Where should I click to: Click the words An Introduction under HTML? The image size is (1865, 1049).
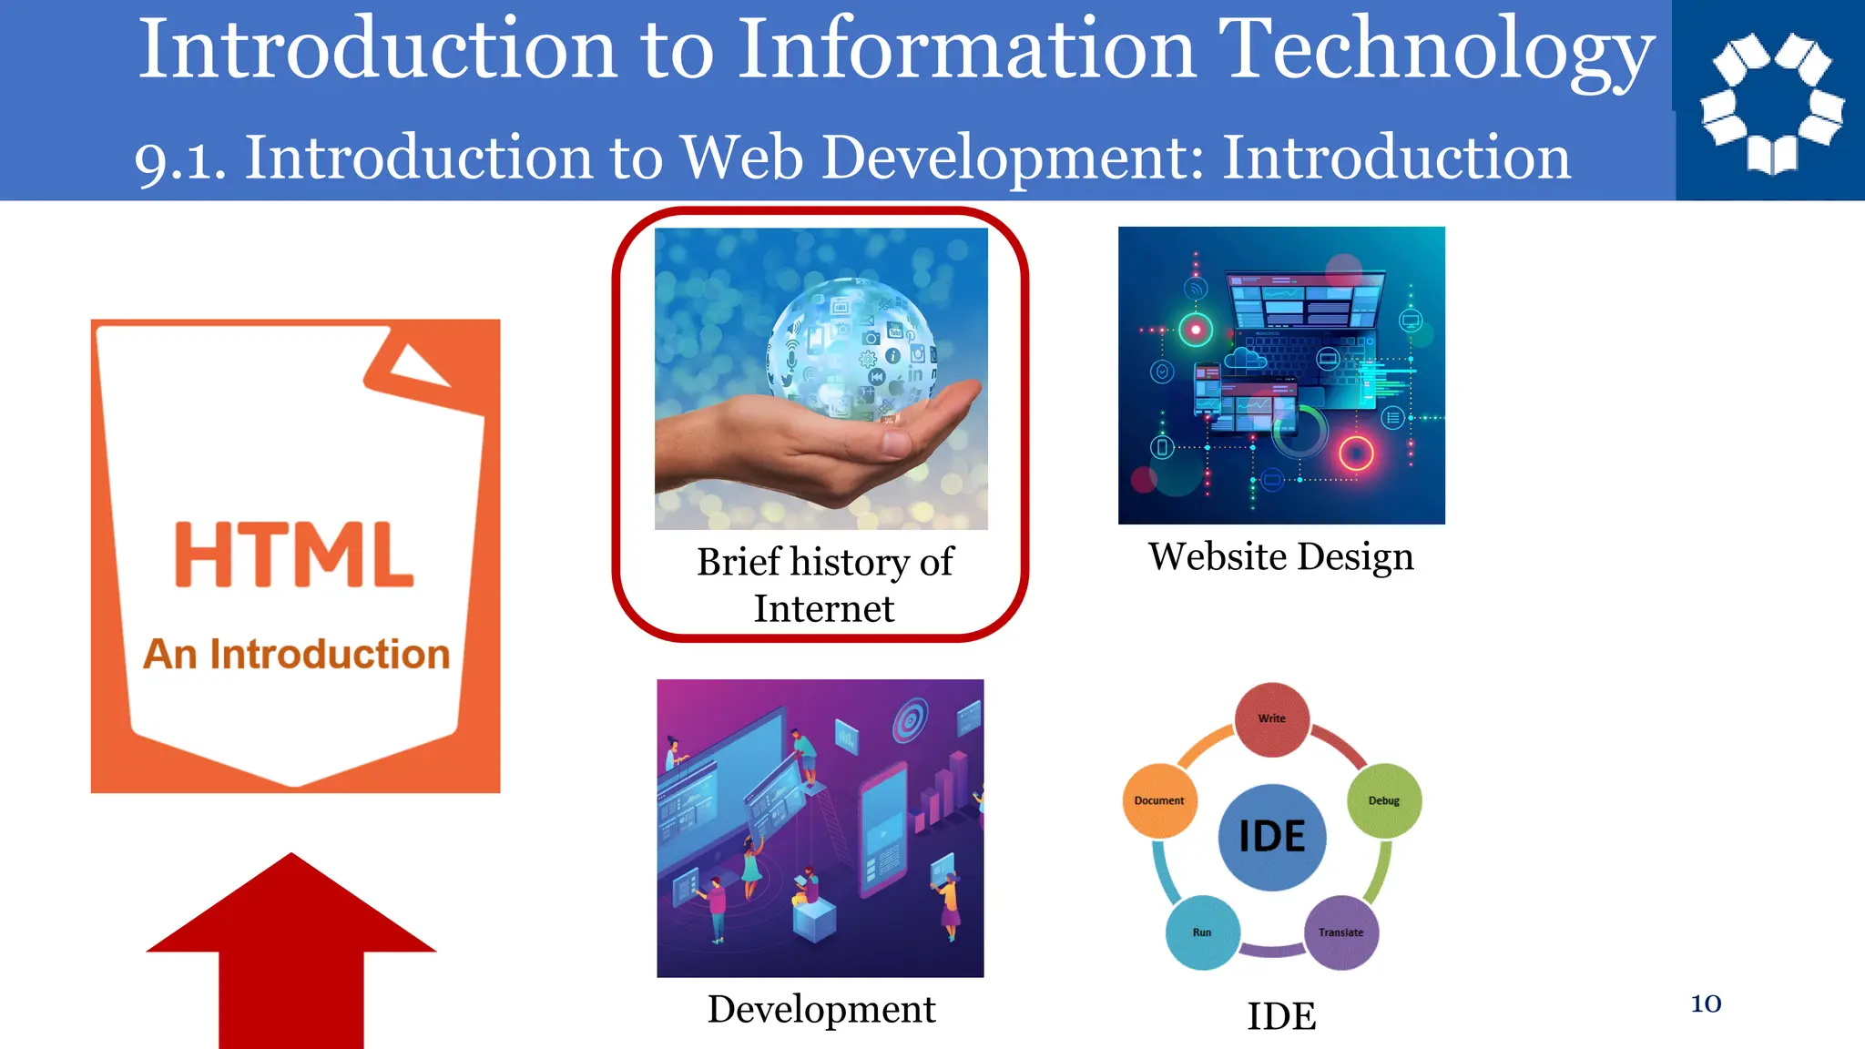pos(296,654)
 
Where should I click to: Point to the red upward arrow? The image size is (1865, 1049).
pos(291,947)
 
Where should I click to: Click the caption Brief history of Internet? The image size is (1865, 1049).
pos(824,585)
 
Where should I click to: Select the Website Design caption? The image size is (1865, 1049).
pos(1280,556)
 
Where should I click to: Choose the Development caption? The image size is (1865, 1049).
pos(821,1009)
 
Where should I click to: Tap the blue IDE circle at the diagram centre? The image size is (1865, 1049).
pos(1271,836)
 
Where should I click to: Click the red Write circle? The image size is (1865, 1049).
pos(1271,718)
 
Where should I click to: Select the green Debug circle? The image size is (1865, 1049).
pos(1383,800)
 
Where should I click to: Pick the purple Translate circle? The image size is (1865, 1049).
pos(1340,932)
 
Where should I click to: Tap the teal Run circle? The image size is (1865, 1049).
pos(1202,932)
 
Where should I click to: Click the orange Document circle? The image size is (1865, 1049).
pos(1159,800)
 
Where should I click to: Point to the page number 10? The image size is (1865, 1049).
pos(1706,1003)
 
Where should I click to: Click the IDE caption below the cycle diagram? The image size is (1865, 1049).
pos(1280,1016)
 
